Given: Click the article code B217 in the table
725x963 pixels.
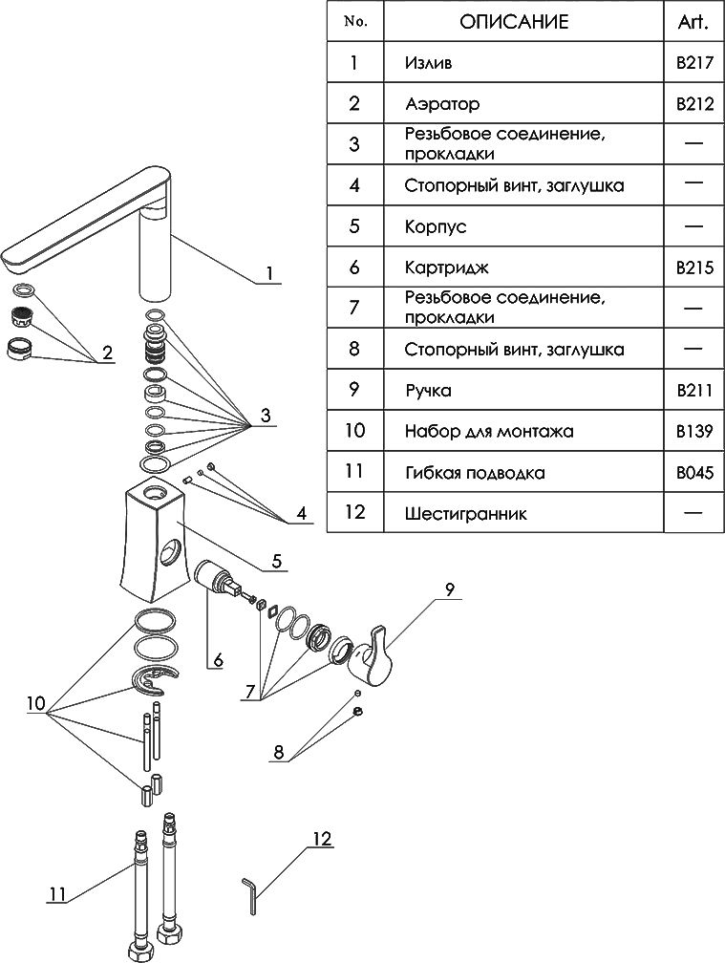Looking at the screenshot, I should (x=694, y=64).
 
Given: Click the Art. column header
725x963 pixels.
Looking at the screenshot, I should (x=694, y=22).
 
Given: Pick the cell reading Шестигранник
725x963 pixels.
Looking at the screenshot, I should (x=465, y=513).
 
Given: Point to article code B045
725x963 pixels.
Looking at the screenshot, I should (x=694, y=472).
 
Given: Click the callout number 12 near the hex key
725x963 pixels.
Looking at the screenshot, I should (x=321, y=840).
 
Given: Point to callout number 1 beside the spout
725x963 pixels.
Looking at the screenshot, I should (x=269, y=273).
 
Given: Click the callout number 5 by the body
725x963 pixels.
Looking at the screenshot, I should (x=276, y=562).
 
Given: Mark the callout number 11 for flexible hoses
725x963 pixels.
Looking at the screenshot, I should (x=57, y=894).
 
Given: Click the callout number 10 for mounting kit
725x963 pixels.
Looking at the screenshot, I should (x=35, y=704).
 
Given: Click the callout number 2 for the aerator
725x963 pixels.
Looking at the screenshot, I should (x=107, y=353).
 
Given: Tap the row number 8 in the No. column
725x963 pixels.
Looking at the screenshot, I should (x=354, y=349).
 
